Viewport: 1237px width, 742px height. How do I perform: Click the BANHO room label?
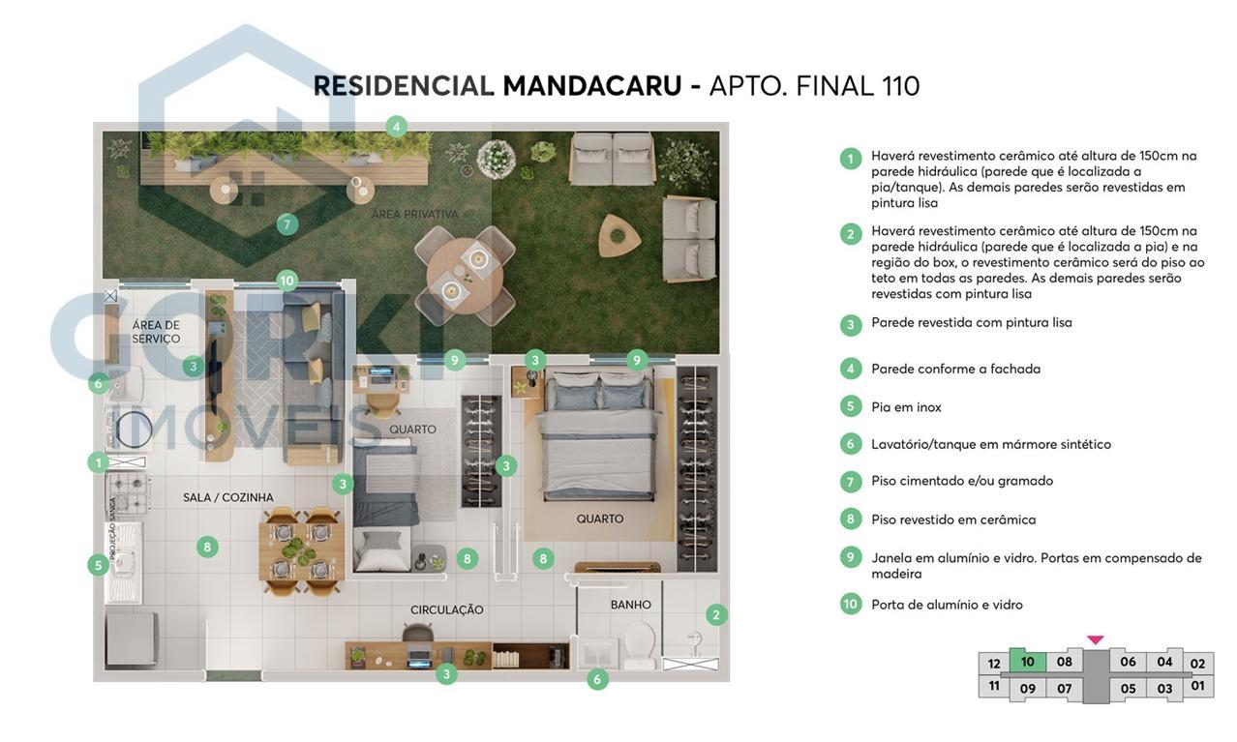(630, 605)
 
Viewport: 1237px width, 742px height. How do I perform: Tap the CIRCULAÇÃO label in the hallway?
(446, 609)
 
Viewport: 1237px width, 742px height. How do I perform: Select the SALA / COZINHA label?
(227, 497)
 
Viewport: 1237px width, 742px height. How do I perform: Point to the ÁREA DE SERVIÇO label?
(156, 332)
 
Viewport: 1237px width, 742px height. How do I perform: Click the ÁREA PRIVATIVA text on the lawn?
(414, 214)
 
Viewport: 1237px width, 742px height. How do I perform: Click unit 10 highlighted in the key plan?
(1027, 662)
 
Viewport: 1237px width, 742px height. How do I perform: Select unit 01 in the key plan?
(1197, 686)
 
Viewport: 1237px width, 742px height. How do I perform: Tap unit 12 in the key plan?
(993, 664)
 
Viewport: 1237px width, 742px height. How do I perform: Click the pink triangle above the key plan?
(1095, 639)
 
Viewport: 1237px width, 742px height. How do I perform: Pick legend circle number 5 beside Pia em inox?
(850, 406)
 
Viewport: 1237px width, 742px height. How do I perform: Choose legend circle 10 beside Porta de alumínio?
(850, 604)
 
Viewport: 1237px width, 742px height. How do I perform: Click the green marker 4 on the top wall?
(395, 126)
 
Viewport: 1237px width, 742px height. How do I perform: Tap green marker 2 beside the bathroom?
(716, 614)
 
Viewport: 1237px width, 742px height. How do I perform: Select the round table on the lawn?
(465, 272)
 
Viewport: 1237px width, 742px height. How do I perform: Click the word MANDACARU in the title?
(591, 86)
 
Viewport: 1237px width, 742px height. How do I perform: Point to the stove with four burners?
(129, 490)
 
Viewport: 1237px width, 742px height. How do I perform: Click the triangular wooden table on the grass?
(618, 233)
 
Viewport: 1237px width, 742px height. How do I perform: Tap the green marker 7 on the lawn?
(286, 224)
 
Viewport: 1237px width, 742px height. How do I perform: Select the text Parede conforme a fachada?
(955, 369)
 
